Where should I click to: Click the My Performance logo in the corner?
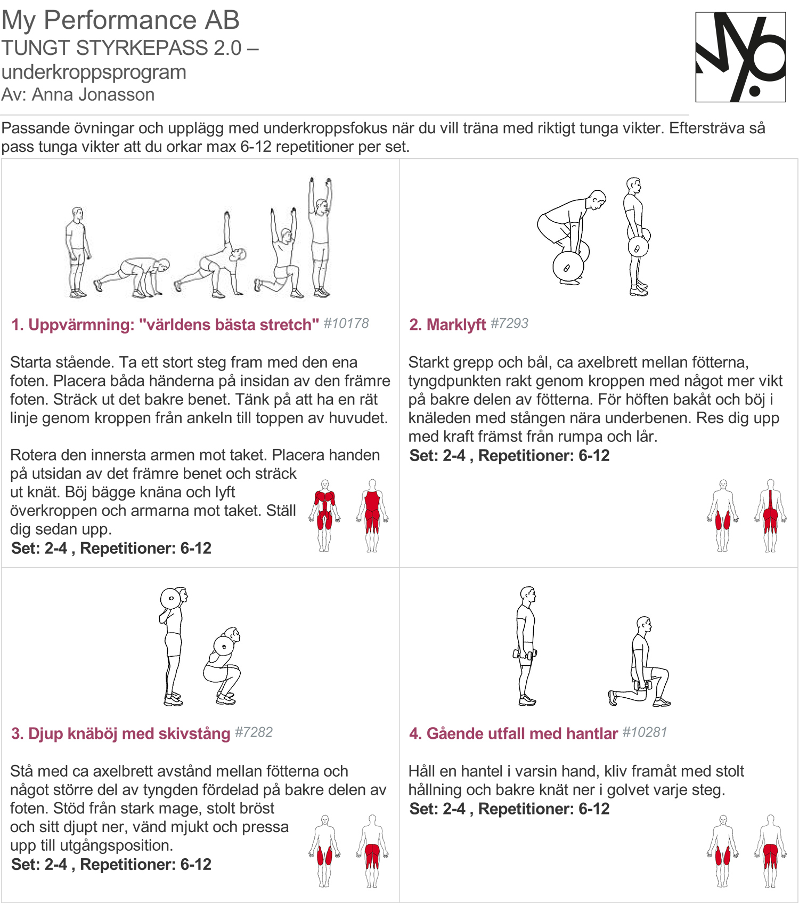tap(740, 57)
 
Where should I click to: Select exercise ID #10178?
tap(346, 323)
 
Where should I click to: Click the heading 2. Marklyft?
tap(447, 324)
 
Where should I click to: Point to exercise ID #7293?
tap(509, 323)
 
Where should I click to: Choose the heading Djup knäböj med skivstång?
tap(129, 733)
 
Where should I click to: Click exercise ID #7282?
tap(254, 732)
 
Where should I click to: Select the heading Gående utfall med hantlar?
tap(522, 733)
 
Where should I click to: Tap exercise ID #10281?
tap(645, 732)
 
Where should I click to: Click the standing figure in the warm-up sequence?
tap(78, 252)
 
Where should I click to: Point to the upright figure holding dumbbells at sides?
tap(526, 647)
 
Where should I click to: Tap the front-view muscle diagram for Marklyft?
tap(723, 515)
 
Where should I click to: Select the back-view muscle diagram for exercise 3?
tap(372, 851)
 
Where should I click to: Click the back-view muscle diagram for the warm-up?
tap(372, 515)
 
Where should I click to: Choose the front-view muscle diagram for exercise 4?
tap(723, 851)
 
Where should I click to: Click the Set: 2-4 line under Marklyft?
tap(509, 456)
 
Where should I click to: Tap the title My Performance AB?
tap(120, 20)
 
